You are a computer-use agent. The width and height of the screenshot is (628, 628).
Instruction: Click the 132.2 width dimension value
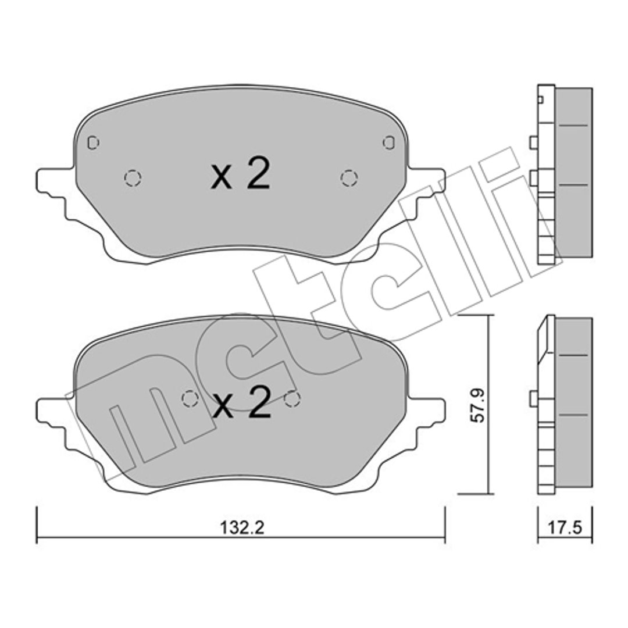coord(242,527)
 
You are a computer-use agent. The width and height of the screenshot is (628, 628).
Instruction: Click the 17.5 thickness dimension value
coord(565,527)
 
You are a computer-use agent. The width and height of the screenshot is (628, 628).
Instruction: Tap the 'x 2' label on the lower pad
coord(241,402)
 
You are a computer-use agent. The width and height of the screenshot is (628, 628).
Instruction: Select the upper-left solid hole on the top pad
coord(93,142)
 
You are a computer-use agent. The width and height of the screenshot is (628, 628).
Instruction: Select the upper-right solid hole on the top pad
coord(389,142)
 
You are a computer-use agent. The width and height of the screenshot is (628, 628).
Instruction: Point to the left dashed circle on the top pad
coord(133,178)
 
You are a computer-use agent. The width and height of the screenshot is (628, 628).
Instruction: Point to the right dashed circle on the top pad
coord(349,178)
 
